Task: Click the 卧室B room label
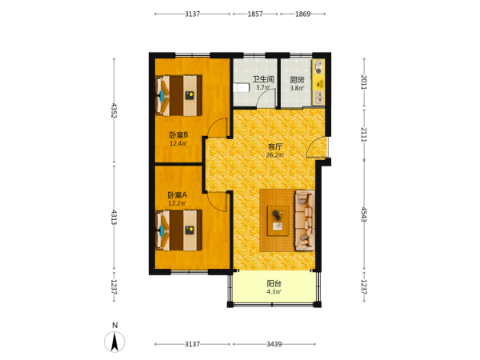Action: coord(178,134)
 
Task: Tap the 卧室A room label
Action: coord(178,195)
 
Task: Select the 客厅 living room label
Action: coord(274,147)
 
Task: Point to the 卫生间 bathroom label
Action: coord(263,79)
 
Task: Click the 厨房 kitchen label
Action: coord(297,80)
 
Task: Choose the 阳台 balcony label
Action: coord(274,283)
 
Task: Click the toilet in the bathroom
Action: coord(242,88)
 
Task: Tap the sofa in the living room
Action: coord(305,221)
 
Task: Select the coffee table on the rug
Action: coord(278,221)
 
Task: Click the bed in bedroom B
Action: coord(178,95)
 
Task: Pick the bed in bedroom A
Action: coord(178,230)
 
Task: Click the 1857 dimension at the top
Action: coord(255,14)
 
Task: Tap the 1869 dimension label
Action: coord(302,14)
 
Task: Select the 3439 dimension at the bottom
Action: coord(274,344)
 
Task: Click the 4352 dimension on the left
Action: coord(114,110)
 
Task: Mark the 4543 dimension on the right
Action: coord(364,214)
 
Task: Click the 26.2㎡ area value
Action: coord(274,155)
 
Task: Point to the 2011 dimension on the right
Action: coord(364,82)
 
